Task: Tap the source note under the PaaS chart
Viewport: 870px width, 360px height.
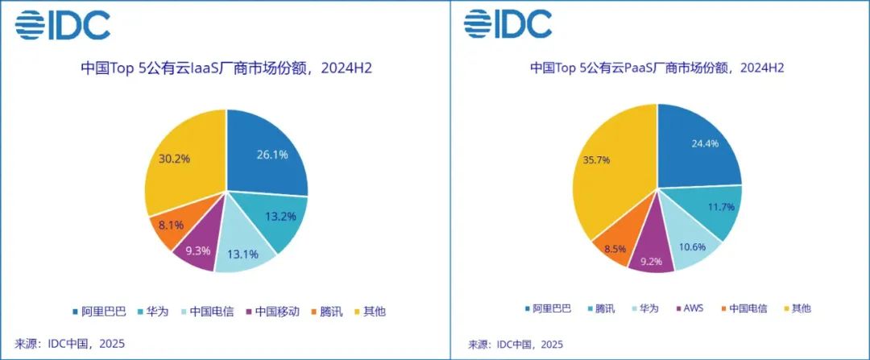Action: (516, 344)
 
